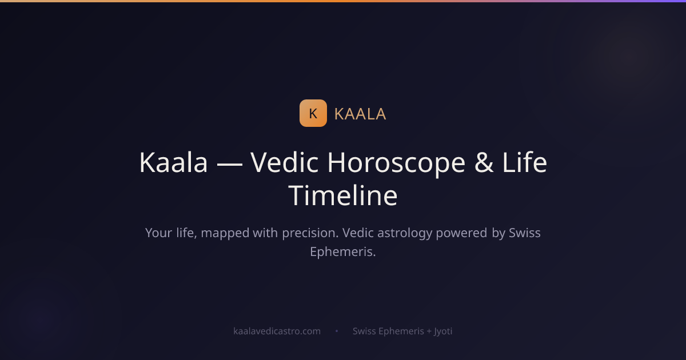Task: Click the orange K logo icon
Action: (313, 113)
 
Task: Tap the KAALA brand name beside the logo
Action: (360, 114)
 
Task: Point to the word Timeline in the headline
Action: (343, 195)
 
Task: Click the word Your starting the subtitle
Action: (158, 233)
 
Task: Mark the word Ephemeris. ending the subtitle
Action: (343, 251)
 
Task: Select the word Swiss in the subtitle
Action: (525, 233)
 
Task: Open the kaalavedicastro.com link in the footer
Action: (277, 331)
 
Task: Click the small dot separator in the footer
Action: (337, 331)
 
